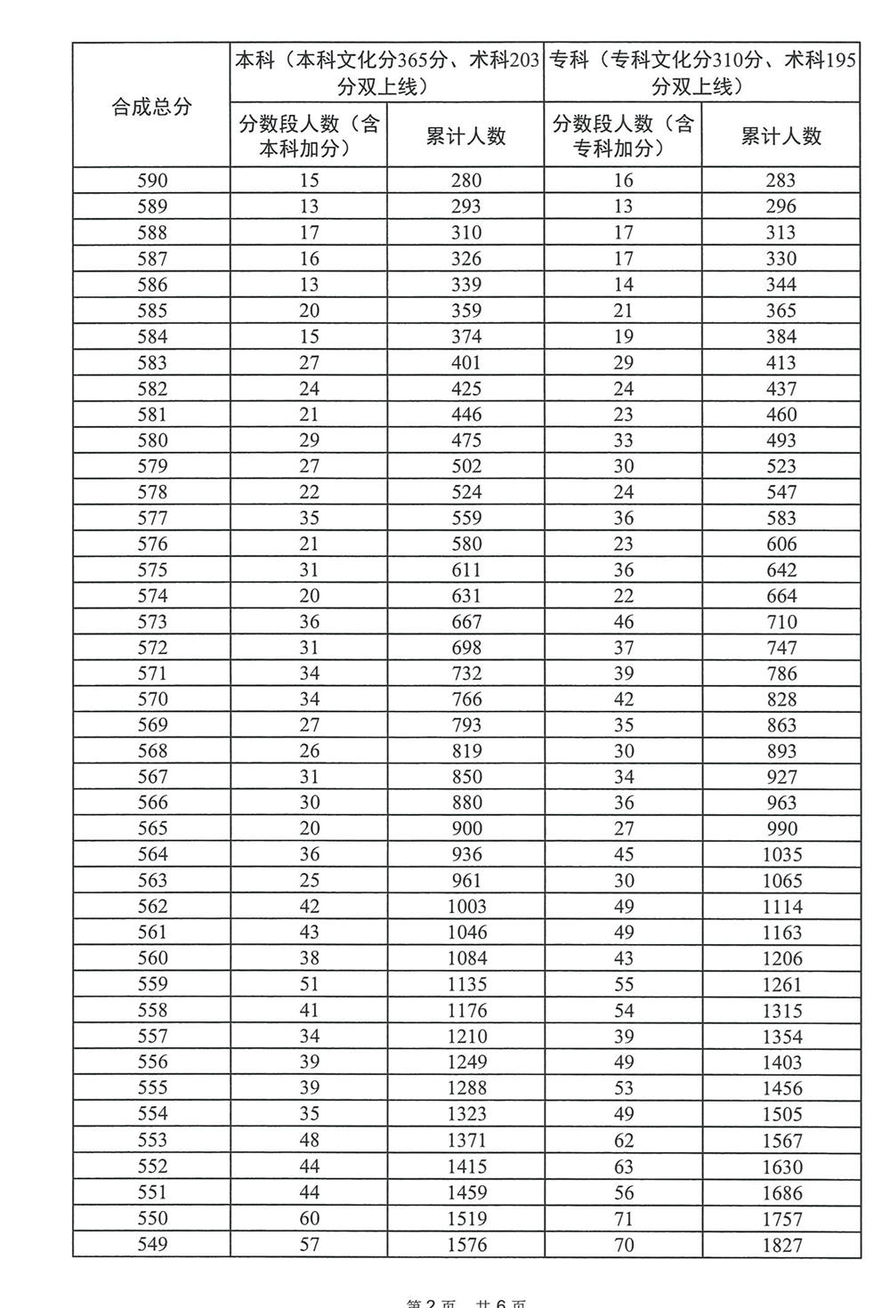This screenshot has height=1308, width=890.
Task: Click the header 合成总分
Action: click(151, 107)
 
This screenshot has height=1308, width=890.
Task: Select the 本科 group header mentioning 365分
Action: click(386, 73)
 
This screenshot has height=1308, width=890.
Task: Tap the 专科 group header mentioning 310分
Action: click(702, 73)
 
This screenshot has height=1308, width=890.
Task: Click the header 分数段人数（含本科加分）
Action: click(309, 135)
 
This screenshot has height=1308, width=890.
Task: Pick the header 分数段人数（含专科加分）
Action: click(623, 135)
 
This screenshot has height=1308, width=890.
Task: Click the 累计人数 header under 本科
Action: click(465, 136)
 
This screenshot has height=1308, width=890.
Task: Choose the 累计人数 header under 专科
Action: click(781, 136)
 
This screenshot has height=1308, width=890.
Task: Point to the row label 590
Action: click(152, 181)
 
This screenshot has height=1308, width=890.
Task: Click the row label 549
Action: click(152, 1244)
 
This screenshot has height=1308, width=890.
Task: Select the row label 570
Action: click(152, 699)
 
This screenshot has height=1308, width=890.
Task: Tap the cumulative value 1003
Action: click(466, 907)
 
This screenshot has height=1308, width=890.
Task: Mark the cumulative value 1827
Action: click(781, 1244)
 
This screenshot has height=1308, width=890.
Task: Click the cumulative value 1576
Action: click(466, 1244)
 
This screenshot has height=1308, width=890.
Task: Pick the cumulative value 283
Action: click(781, 181)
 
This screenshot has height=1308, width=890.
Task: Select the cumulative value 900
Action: click(466, 828)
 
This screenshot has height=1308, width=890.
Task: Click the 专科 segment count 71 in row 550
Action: click(624, 1218)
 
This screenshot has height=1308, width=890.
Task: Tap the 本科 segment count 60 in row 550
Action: click(309, 1218)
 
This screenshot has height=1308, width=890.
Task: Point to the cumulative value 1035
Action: click(781, 855)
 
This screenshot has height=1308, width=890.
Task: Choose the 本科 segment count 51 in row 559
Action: click(309, 984)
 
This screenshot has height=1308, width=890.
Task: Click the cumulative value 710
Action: click(781, 622)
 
